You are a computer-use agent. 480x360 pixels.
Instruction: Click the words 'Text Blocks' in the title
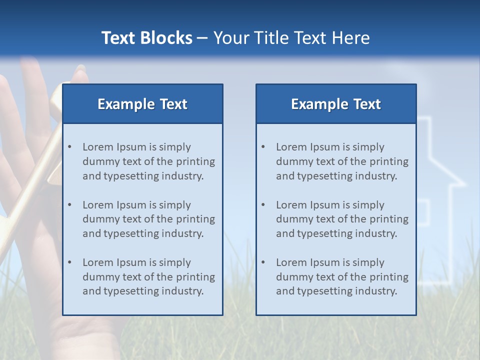coord(146,38)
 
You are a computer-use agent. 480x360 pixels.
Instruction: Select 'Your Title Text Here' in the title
coord(291,38)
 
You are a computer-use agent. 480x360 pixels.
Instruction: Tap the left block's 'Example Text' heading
coord(142,104)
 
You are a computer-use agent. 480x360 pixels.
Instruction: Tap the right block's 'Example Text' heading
coord(336,104)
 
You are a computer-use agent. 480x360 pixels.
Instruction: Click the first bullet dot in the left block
coord(69,147)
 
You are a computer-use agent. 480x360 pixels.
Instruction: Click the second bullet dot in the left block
coord(69,205)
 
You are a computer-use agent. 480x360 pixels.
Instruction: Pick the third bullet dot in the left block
coord(69,262)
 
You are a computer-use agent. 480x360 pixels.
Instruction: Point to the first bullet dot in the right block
coord(263,147)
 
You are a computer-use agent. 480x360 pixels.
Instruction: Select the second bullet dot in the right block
coord(263,205)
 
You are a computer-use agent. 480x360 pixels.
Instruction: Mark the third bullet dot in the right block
coord(263,262)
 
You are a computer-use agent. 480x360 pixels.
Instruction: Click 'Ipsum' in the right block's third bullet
coord(326,262)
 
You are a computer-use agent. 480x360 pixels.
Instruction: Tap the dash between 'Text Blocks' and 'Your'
coord(202,38)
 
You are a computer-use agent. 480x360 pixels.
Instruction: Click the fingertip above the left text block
coord(80,75)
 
